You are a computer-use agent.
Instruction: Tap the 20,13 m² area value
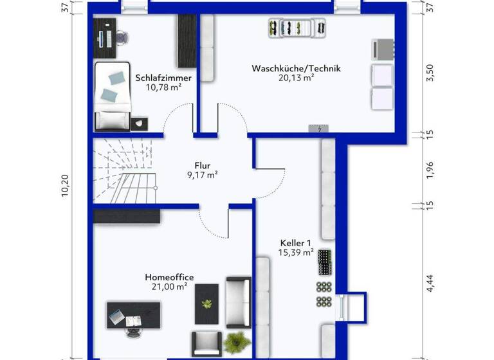click(296, 78)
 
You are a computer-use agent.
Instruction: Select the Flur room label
click(203, 165)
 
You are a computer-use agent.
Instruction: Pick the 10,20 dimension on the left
click(64, 187)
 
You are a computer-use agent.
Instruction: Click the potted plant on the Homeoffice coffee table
click(207, 304)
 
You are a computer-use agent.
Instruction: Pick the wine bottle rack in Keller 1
click(323, 262)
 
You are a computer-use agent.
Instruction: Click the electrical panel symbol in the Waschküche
click(320, 129)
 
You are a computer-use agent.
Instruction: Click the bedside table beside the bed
click(140, 122)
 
